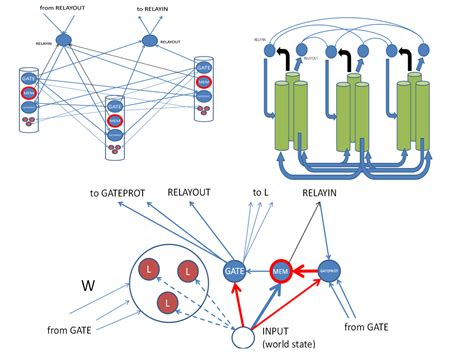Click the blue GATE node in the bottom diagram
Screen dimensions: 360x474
point(236,270)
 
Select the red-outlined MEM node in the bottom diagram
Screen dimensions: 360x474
point(283,270)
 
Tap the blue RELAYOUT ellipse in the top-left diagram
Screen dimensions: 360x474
point(151,41)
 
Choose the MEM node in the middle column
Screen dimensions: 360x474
point(117,119)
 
